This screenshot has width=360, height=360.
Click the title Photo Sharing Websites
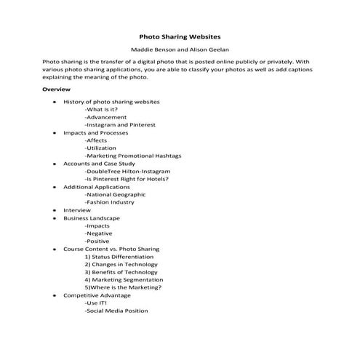180,35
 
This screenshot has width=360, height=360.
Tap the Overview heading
56,89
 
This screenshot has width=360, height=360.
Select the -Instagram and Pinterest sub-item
119,125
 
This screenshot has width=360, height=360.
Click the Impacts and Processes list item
96,133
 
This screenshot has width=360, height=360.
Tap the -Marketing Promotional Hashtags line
133,156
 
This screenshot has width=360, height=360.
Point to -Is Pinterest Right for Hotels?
127,179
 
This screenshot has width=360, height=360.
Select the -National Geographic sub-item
115,194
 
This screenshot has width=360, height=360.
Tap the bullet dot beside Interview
55,210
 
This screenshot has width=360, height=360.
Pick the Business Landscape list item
92,217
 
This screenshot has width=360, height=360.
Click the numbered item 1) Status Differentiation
121,257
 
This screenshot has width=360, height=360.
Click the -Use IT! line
96,303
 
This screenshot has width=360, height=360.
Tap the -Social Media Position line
116,311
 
